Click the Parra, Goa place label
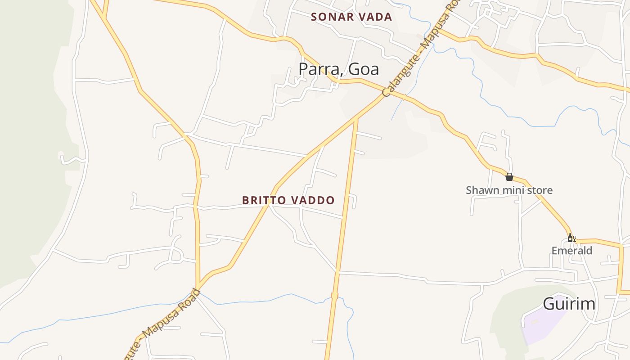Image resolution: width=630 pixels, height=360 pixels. pyautogui.click(x=338, y=69)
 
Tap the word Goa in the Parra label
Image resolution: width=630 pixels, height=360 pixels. pyautogui.click(x=364, y=69)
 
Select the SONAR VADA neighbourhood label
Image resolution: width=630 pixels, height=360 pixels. pyautogui.click(x=351, y=17)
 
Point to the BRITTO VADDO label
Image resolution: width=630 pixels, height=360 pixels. pyautogui.click(x=288, y=200)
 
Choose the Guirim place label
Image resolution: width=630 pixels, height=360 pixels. pyautogui.click(x=569, y=304)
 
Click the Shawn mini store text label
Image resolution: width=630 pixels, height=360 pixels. pyautogui.click(x=509, y=190)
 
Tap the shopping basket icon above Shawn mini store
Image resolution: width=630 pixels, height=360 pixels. pyautogui.click(x=509, y=177)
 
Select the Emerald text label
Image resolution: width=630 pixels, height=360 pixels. pyautogui.click(x=572, y=250)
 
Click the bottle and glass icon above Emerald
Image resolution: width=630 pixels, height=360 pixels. pyautogui.click(x=571, y=238)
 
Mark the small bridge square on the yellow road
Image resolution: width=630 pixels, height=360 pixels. pyautogui.click(x=334, y=296)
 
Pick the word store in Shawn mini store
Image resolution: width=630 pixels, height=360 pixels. pyautogui.click(x=537, y=190)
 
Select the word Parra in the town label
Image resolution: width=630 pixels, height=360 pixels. pyautogui.click(x=315, y=69)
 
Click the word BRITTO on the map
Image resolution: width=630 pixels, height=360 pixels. pyautogui.click(x=262, y=200)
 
